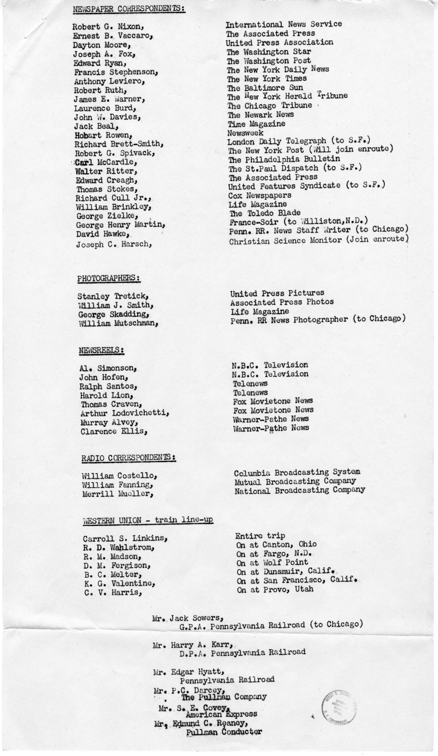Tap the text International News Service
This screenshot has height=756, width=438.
(x=284, y=24)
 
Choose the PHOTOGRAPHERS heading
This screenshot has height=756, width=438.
(x=109, y=277)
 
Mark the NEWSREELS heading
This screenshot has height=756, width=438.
(x=101, y=350)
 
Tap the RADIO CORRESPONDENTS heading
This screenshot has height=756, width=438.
(x=129, y=458)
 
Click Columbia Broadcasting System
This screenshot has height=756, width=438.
(x=297, y=472)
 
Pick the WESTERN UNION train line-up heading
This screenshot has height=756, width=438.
(x=148, y=521)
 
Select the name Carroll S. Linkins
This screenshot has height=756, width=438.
(x=126, y=539)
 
